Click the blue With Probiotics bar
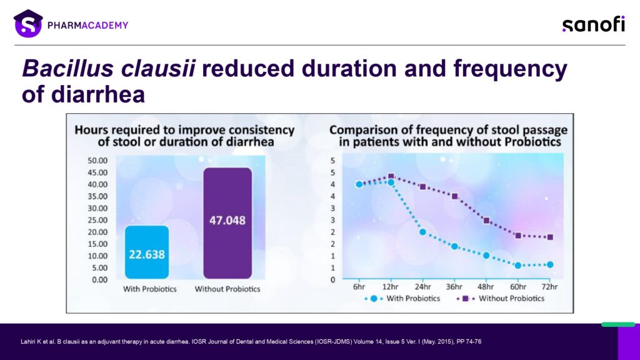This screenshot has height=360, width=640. [147, 252]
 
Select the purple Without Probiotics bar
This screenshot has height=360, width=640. [227, 223]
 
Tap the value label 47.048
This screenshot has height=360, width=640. [227, 221]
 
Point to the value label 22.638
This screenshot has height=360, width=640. [147, 255]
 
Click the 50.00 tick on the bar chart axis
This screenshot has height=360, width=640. [97, 161]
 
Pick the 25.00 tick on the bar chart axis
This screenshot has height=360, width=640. [97, 221]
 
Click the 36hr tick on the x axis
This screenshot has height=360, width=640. [454, 286]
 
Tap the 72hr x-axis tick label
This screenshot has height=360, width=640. [549, 286]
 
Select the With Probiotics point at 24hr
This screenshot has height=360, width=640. [422, 232]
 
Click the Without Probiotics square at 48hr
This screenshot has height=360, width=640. [486, 221]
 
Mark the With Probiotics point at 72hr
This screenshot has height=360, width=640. [550, 264]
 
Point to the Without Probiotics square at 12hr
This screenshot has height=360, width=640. [391, 176]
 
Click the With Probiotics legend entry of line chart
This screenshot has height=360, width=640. [402, 299]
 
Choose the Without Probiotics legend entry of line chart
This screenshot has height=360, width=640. [501, 299]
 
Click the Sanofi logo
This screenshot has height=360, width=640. [594, 24]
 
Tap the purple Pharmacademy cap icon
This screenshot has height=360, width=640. [28, 23]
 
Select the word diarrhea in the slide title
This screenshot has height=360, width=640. [98, 94]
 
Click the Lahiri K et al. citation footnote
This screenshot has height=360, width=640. [251, 342]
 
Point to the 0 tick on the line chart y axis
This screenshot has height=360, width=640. [332, 280]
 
